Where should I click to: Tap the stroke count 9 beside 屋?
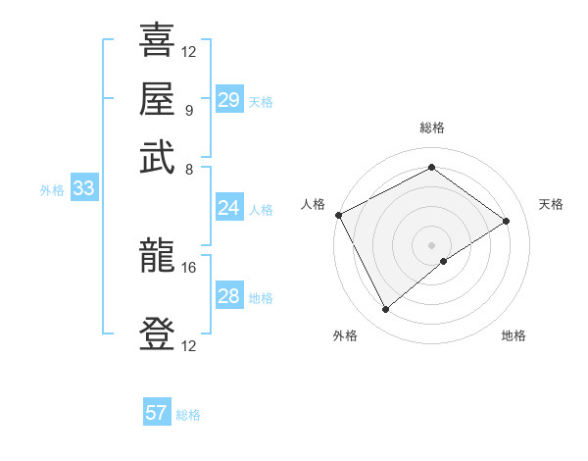click(x=189, y=109)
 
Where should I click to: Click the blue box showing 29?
click(x=228, y=100)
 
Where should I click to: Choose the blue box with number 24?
click(x=228, y=208)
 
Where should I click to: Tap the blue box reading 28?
click(x=228, y=296)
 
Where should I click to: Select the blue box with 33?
click(x=82, y=189)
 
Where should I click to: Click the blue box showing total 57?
click(x=157, y=413)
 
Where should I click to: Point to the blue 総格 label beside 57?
click(x=188, y=415)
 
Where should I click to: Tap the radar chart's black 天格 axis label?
click(x=551, y=204)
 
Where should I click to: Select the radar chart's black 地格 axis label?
click(x=514, y=335)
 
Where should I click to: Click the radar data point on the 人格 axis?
click(x=338, y=215)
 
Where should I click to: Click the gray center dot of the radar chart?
click(x=431, y=244)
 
